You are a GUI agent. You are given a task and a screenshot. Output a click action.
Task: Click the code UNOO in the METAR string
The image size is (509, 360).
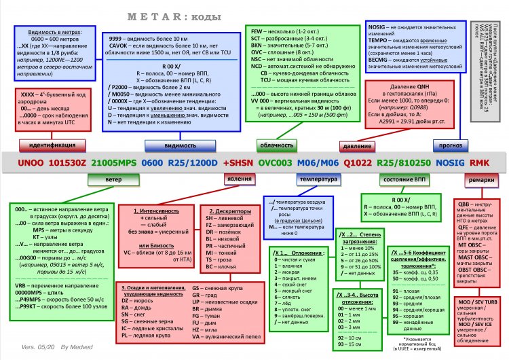[29, 164]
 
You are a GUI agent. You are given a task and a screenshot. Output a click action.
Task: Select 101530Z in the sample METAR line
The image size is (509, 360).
[70, 164]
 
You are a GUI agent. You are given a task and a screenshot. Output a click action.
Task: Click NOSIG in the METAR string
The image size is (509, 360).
[450, 164]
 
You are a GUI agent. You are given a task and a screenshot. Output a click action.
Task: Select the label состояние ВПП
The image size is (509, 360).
[400, 181]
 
